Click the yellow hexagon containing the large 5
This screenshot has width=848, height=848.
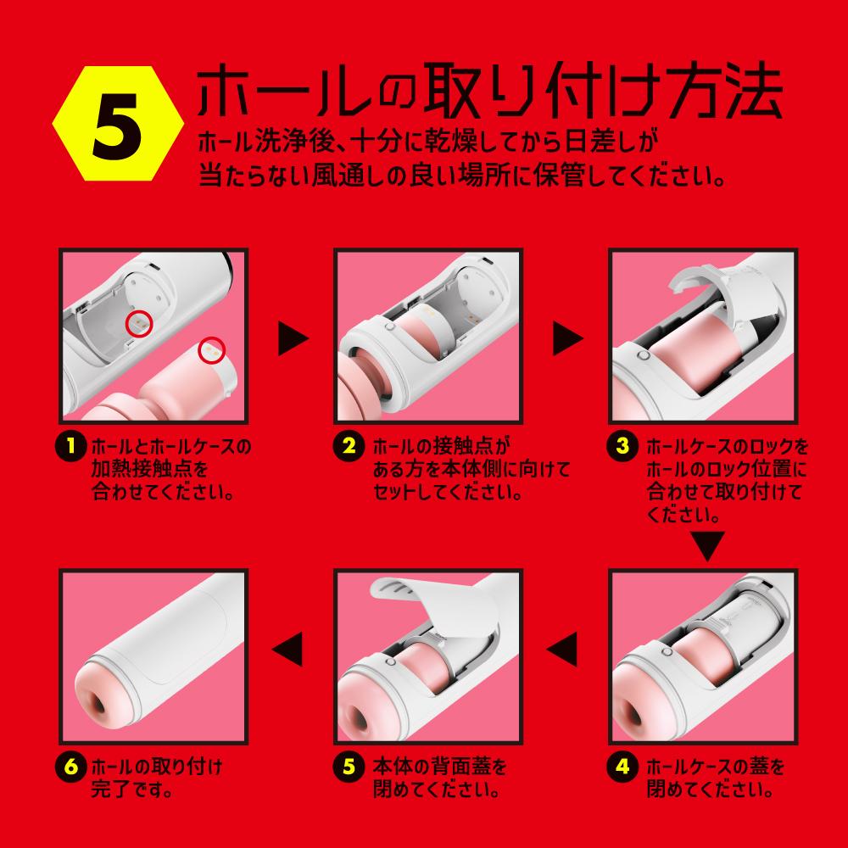click(x=110, y=125)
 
